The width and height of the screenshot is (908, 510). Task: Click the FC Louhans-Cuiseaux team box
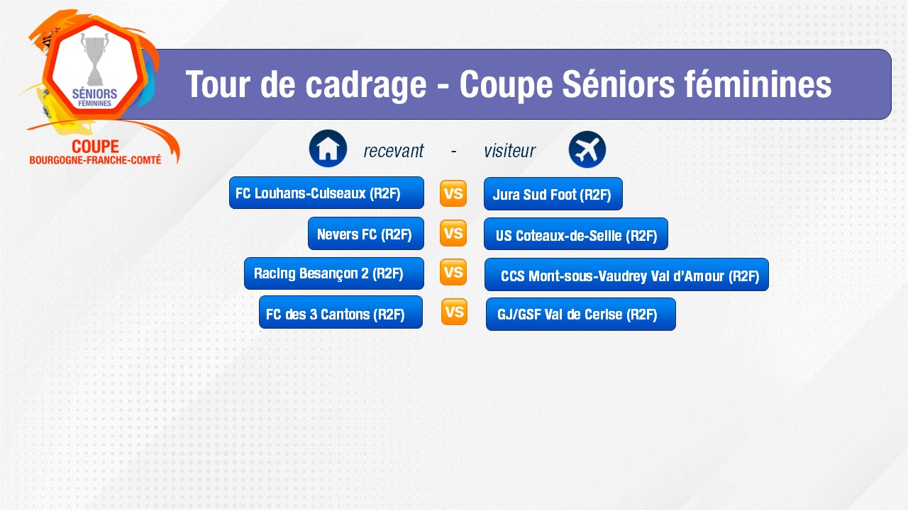[x=326, y=193]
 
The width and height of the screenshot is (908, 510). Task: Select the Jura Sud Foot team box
[x=553, y=194]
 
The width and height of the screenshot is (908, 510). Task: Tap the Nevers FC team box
[x=365, y=234]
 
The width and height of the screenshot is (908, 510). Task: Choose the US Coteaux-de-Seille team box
[x=575, y=234]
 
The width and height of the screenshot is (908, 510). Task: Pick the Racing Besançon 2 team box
[x=333, y=273]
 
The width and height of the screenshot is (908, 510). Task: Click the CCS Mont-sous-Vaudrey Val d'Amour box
[x=626, y=274]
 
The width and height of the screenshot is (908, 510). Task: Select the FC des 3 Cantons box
[x=340, y=312]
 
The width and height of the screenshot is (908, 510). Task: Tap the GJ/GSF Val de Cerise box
[x=580, y=314]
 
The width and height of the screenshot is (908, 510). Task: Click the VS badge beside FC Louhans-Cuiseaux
[x=453, y=193]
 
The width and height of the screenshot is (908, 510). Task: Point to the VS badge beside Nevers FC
[x=453, y=233]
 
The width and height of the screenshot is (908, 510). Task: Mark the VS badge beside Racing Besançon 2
[x=453, y=272]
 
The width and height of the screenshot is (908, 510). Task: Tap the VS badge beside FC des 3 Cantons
[x=454, y=312]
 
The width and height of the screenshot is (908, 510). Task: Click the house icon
[x=328, y=149]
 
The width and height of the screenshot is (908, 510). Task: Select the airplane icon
[x=587, y=149]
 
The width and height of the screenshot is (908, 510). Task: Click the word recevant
[x=393, y=151]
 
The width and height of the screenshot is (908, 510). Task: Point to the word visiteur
[x=510, y=151]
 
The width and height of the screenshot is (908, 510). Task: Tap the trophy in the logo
[x=95, y=59]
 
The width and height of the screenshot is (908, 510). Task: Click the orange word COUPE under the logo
[x=95, y=147]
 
